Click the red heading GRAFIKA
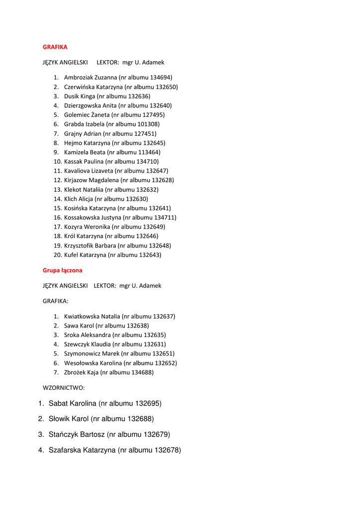pyautogui.click(x=55, y=47)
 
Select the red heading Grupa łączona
pyautogui.click(x=62, y=270)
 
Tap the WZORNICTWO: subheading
pyautogui.click(x=64, y=387)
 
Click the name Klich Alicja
pyautogui.click(x=78, y=199)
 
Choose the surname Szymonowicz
pyautogui.click(x=83, y=354)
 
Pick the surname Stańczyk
pyautogui.click(x=63, y=434)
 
